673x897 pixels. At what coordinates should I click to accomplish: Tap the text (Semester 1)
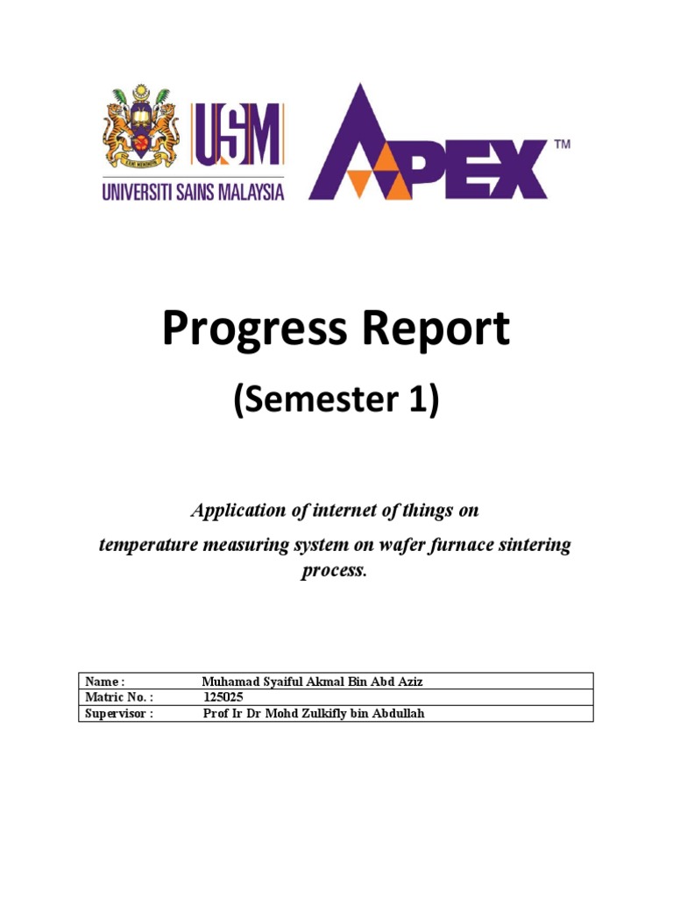click(x=336, y=401)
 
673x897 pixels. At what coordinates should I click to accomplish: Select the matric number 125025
click(x=223, y=697)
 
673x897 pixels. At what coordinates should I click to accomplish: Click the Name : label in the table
click(x=104, y=682)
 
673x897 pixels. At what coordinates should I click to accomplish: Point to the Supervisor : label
click(x=119, y=713)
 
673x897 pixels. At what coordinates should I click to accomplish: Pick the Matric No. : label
click(x=119, y=697)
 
